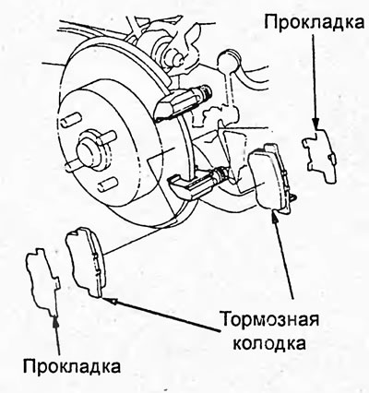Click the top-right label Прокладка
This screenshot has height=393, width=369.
click(x=315, y=22)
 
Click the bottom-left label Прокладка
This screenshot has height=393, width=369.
click(x=72, y=366)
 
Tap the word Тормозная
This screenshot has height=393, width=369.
click(x=270, y=319)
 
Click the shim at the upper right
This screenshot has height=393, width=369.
click(x=320, y=156)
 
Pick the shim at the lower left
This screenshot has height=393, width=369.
click(x=42, y=280)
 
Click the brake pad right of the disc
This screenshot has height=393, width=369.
click(x=269, y=178)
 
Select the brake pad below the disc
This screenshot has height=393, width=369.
click(x=86, y=261)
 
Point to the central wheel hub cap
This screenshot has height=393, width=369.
click(x=89, y=150)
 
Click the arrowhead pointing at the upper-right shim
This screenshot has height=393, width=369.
click(x=315, y=124)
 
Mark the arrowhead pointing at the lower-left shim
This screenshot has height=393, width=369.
click(x=55, y=321)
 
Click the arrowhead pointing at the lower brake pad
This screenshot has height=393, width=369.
click(x=108, y=300)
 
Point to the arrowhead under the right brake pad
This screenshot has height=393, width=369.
click(x=275, y=214)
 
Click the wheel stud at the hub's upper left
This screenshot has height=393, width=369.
click(x=69, y=119)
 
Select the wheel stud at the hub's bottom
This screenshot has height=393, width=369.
click(x=107, y=184)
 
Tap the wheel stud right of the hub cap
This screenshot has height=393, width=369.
click(x=107, y=136)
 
